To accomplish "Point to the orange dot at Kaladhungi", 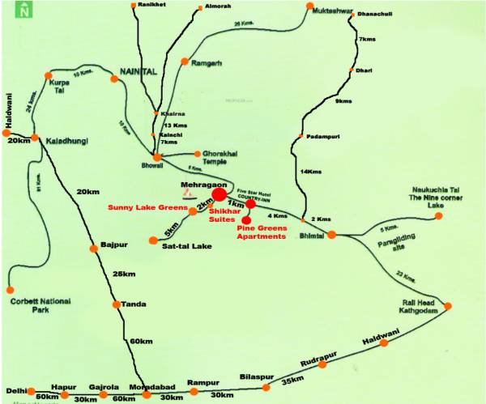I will coord(34,138).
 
